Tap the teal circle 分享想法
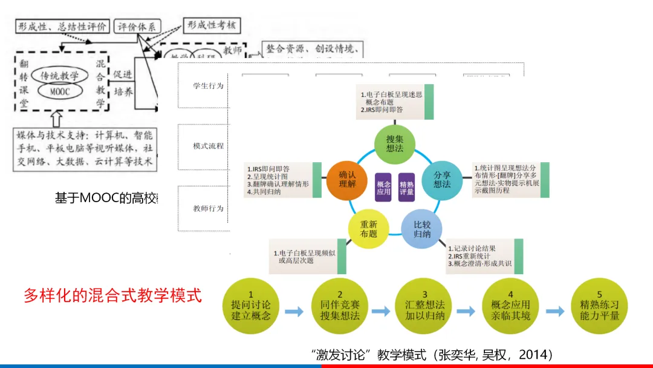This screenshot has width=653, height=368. [x=442, y=180]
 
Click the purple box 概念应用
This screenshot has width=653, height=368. [x=383, y=188]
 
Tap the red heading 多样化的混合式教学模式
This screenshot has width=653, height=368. [x=112, y=296]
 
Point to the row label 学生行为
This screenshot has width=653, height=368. [x=208, y=86]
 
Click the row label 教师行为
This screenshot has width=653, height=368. [x=208, y=209]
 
